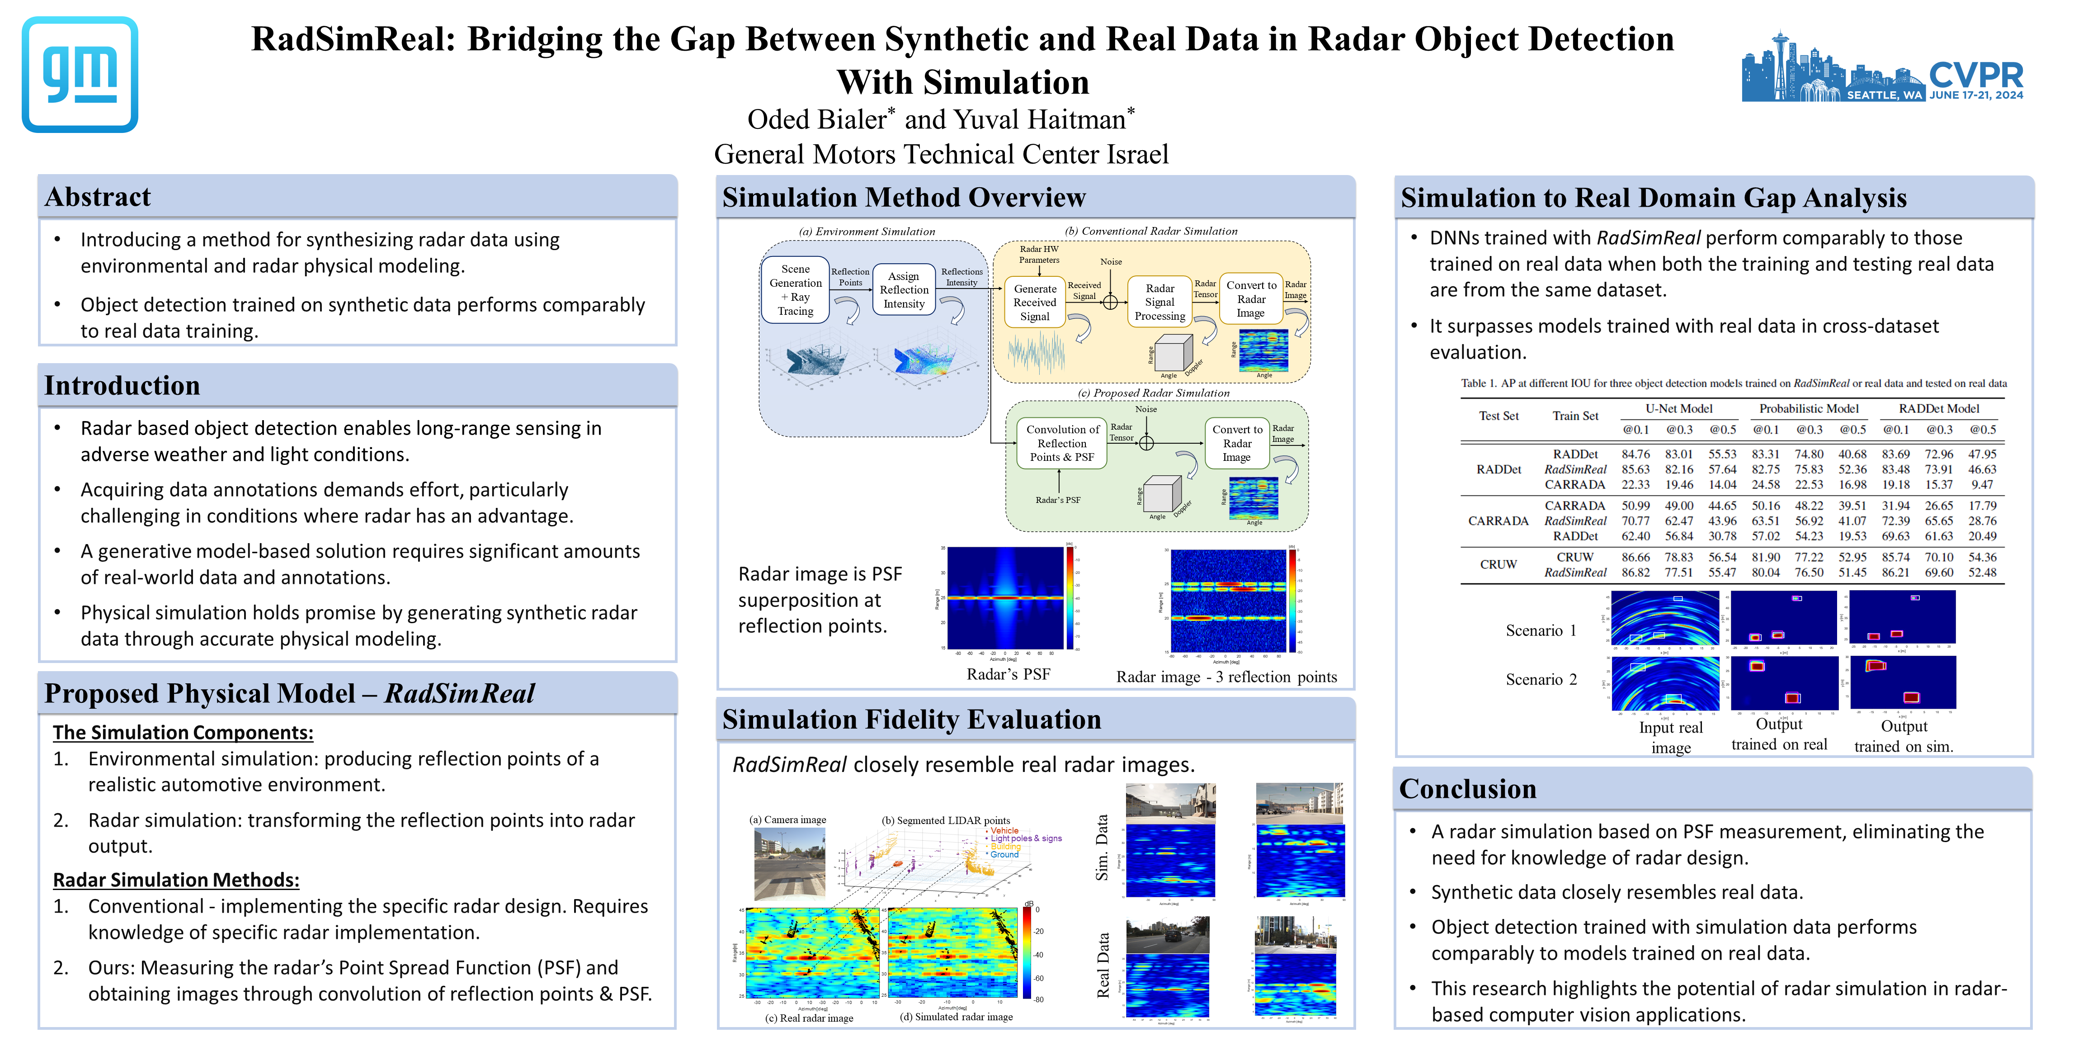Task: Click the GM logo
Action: (x=79, y=75)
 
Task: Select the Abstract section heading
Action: (x=98, y=197)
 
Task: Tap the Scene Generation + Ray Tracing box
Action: (x=795, y=289)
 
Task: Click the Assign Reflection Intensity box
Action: (x=903, y=289)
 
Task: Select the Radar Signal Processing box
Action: (x=1159, y=302)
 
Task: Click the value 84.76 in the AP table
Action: (x=1635, y=454)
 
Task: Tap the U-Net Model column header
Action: (x=1679, y=408)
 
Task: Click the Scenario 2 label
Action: (x=1541, y=680)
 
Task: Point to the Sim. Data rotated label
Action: (x=1101, y=847)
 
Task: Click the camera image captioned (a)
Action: (x=789, y=864)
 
